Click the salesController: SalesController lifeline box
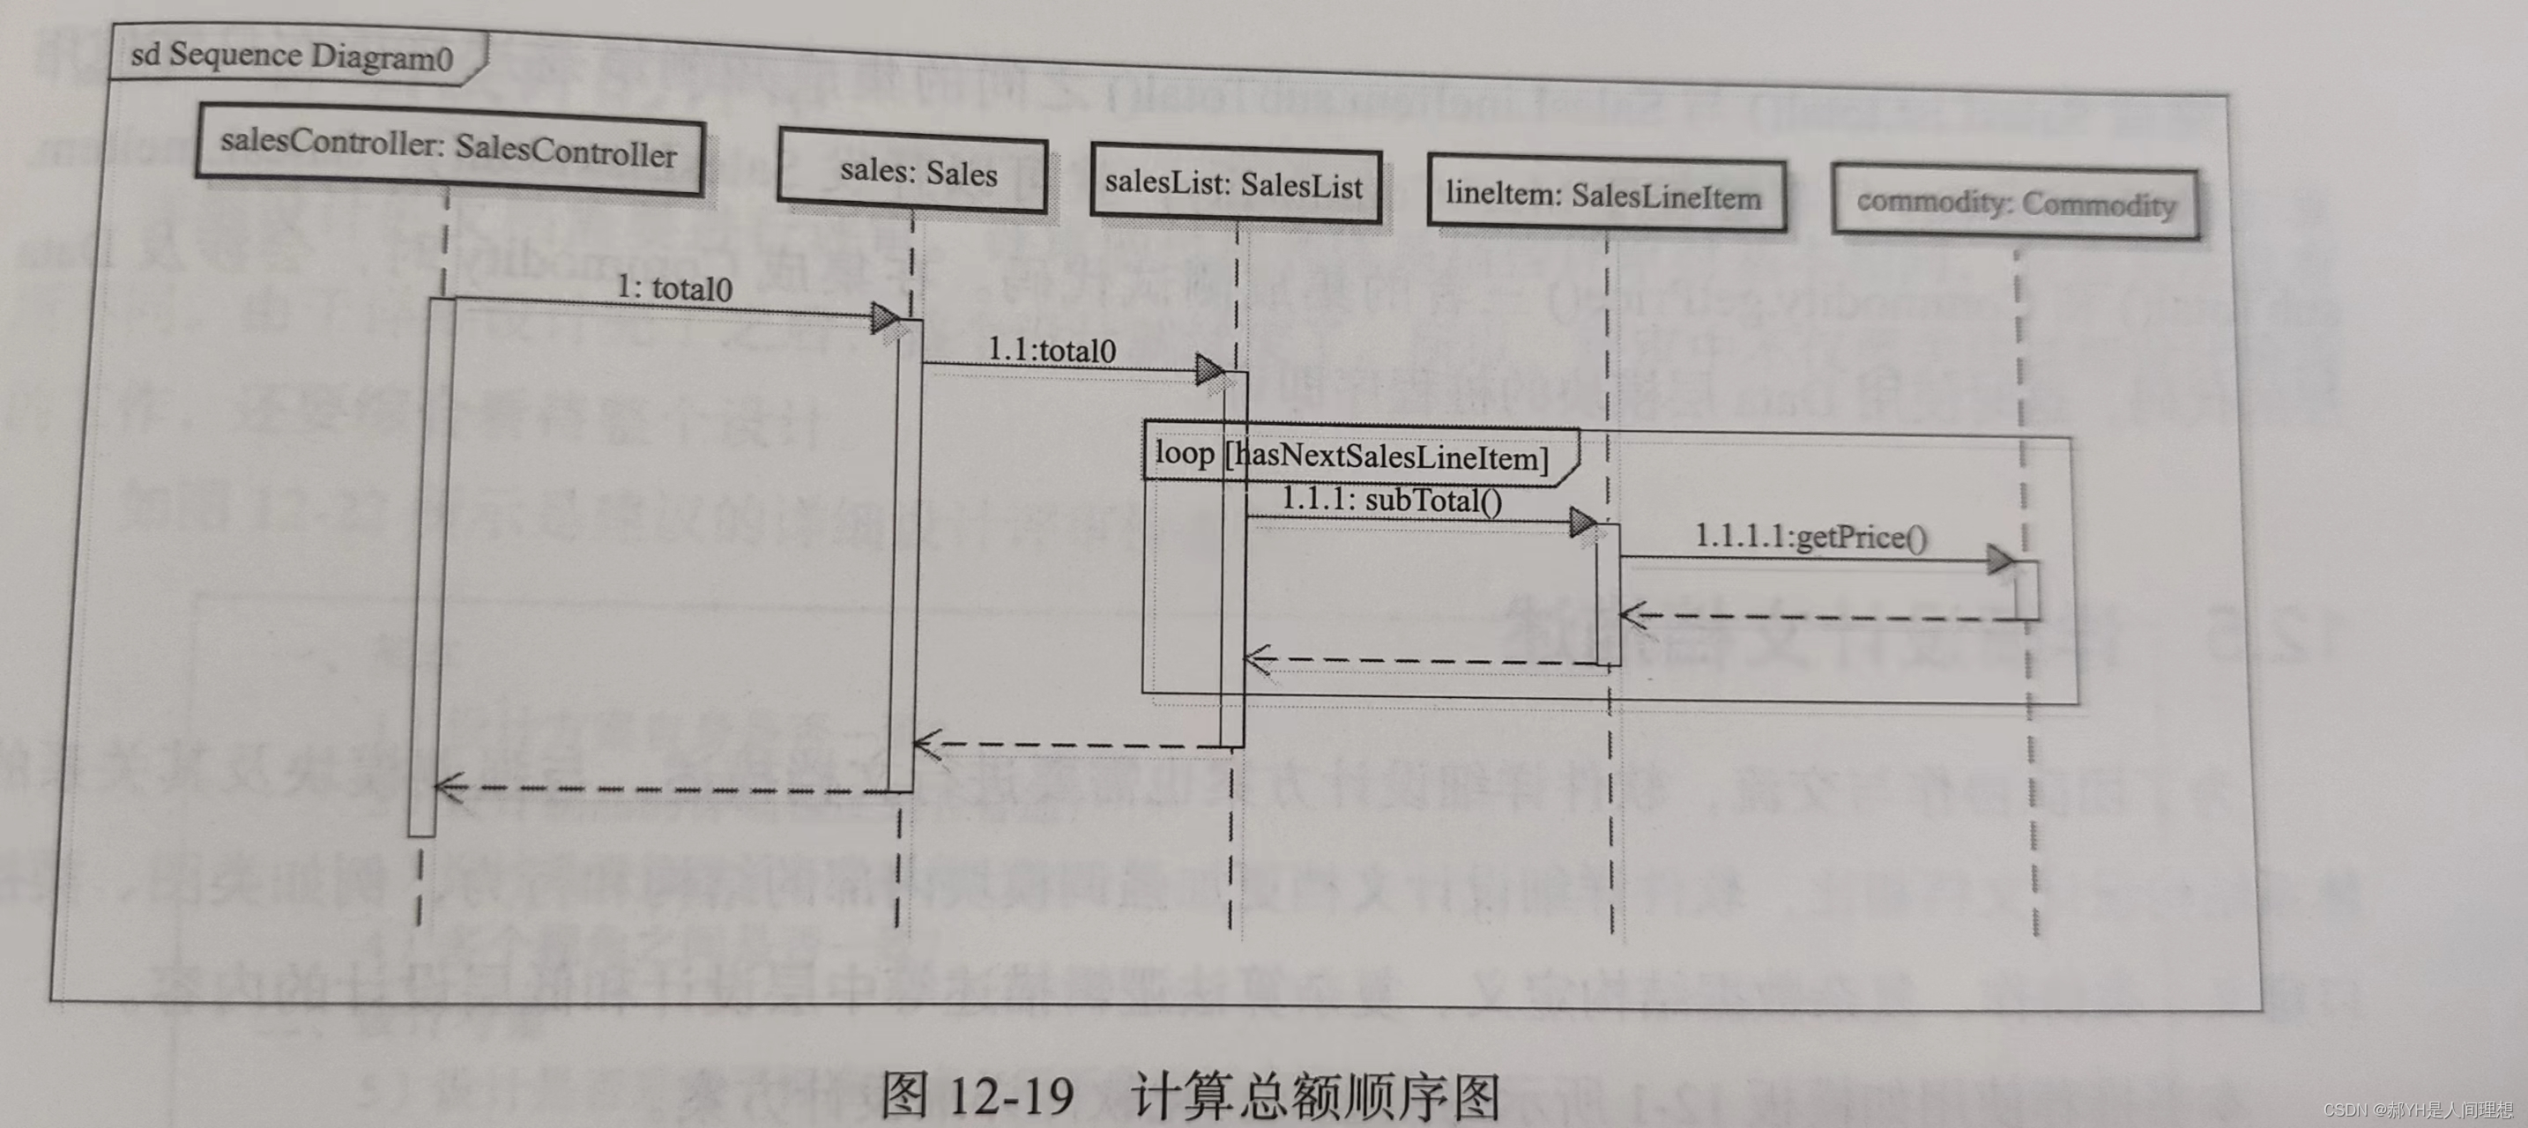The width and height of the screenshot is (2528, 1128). pyautogui.click(x=450, y=149)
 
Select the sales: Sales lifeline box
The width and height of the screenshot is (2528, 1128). pyautogui.click(x=912, y=172)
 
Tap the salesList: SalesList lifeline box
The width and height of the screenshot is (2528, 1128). pyautogui.click(x=1236, y=183)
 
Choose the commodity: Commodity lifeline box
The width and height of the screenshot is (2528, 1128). pyautogui.click(x=2015, y=203)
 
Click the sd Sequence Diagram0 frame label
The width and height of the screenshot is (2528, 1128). pyautogui.click(x=293, y=56)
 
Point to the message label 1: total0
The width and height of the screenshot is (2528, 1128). pyautogui.click(x=675, y=288)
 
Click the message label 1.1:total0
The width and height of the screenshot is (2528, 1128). pyautogui.click(x=1051, y=350)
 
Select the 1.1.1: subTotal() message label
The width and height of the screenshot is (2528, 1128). pyautogui.click(x=1392, y=501)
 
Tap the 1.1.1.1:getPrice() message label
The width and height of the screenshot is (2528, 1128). pyautogui.click(x=1810, y=537)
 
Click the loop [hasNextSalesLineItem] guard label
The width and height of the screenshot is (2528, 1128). pyautogui.click(x=1352, y=455)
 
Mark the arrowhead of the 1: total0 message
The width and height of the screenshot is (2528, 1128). pyautogui.click(x=884, y=318)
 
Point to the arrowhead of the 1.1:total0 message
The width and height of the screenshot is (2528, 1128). pyautogui.click(x=1209, y=371)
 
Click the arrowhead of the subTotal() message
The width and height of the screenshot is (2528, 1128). pyautogui.click(x=1582, y=522)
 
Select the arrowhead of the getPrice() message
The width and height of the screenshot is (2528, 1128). pyautogui.click(x=1999, y=560)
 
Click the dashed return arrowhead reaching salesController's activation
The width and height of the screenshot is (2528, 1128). pyautogui.click(x=450, y=787)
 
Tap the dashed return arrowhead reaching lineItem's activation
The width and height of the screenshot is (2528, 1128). pyautogui.click(x=1632, y=616)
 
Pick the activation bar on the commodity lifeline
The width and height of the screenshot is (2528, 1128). pyautogui.click(x=2027, y=590)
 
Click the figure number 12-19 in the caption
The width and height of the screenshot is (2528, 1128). pyautogui.click(x=1012, y=1095)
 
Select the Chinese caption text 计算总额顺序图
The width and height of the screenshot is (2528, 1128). pyautogui.click(x=1316, y=1096)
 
